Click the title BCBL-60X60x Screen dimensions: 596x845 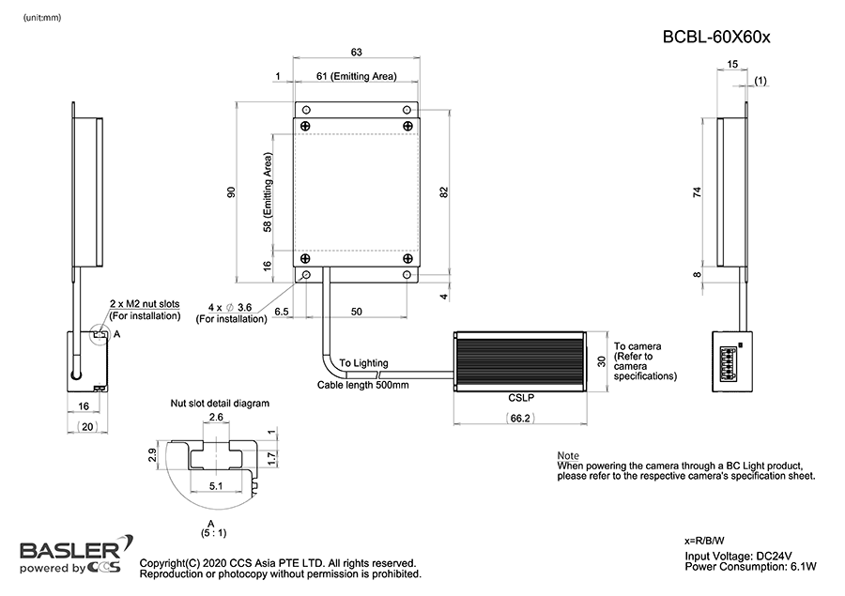(716, 38)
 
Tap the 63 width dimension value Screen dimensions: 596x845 (356, 52)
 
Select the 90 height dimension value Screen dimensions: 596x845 (231, 191)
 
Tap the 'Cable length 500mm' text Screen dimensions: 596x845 (362, 385)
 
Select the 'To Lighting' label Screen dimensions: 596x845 (363, 362)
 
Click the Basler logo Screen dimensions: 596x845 (69, 549)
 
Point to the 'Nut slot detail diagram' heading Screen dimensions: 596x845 (220, 404)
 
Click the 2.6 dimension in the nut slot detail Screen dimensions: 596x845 (215, 417)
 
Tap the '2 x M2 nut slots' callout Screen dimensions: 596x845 (150, 305)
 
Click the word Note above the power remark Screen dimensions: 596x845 (568, 455)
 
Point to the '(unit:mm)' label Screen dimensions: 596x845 (42, 18)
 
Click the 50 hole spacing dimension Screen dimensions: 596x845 (356, 311)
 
